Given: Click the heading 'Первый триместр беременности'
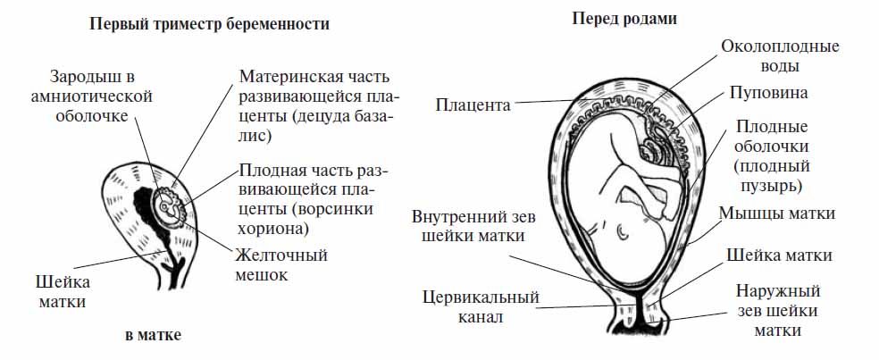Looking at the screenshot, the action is [x=209, y=25].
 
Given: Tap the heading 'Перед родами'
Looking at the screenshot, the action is [x=624, y=19].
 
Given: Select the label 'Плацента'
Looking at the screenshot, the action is [x=473, y=105].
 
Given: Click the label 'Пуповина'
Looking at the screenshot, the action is [x=768, y=93].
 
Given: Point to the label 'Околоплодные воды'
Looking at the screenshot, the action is [x=780, y=56].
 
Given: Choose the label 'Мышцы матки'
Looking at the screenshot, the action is [x=776, y=213].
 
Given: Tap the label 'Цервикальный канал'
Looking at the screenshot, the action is [x=481, y=306].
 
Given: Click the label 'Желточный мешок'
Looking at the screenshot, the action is [x=280, y=265].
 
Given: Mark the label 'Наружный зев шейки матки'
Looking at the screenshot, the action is [x=777, y=311].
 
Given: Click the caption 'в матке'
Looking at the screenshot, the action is [x=153, y=336].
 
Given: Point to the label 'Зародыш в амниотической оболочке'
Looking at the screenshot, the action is [x=100, y=96].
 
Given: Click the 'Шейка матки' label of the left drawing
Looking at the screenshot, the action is [x=63, y=291].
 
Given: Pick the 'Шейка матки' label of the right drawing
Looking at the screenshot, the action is [x=779, y=255].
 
